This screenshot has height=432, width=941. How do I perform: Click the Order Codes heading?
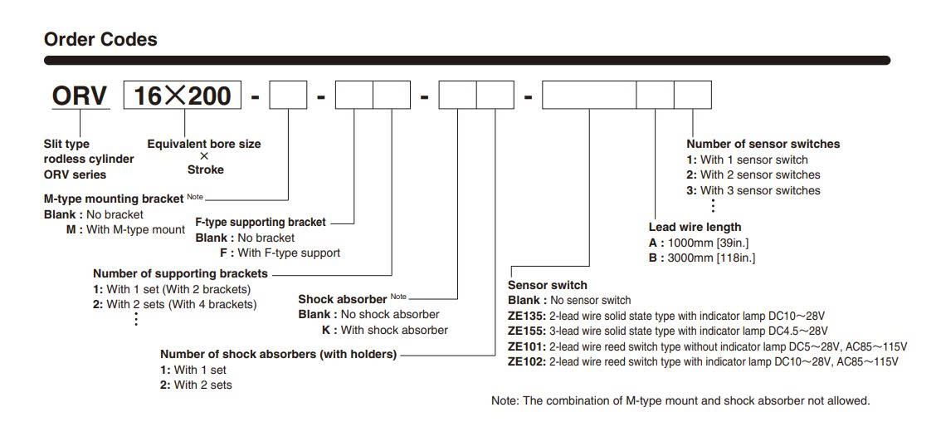tap(101, 40)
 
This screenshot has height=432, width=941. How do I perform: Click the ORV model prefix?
tap(80, 96)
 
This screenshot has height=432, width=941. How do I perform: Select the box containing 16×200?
tap(183, 95)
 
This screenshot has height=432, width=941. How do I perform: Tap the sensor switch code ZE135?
tap(526, 316)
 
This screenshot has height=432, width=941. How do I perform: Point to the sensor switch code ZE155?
tap(526, 331)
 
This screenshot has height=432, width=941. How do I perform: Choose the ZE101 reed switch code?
tap(526, 346)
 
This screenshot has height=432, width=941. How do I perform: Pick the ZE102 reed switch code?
tap(526, 361)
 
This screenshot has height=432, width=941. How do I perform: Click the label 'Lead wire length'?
tap(695, 227)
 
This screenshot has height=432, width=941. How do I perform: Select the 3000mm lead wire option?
tap(702, 258)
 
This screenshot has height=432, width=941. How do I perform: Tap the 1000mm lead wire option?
tap(700, 243)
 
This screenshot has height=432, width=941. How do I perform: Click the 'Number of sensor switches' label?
tap(763, 145)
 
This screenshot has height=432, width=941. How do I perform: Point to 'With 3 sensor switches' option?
tap(753, 190)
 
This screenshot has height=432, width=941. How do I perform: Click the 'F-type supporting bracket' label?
tap(261, 223)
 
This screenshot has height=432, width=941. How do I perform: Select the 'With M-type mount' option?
tap(126, 229)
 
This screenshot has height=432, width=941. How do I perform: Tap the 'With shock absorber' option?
tap(385, 330)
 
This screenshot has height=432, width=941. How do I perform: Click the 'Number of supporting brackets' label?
tap(181, 273)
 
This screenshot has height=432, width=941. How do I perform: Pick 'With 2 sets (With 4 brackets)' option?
tap(175, 304)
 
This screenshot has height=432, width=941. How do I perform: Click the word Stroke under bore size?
tap(205, 169)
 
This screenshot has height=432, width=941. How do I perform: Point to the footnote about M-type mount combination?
tap(680, 400)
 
